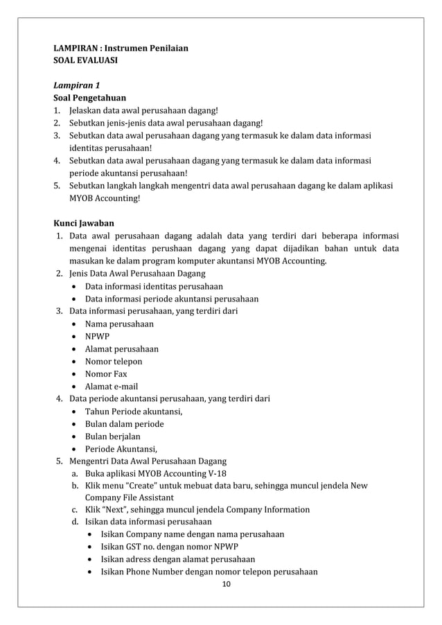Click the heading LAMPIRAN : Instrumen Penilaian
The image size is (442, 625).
click(121, 49)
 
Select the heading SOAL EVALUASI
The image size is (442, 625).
click(85, 61)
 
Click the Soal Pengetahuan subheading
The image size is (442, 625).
click(89, 98)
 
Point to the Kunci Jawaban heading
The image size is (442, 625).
click(84, 223)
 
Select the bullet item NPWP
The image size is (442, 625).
click(96, 336)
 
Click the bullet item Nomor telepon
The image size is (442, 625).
click(113, 361)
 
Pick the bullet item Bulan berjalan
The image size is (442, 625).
click(112, 436)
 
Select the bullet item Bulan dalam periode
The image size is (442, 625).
click(124, 423)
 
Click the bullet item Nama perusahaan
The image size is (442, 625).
click(118, 324)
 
